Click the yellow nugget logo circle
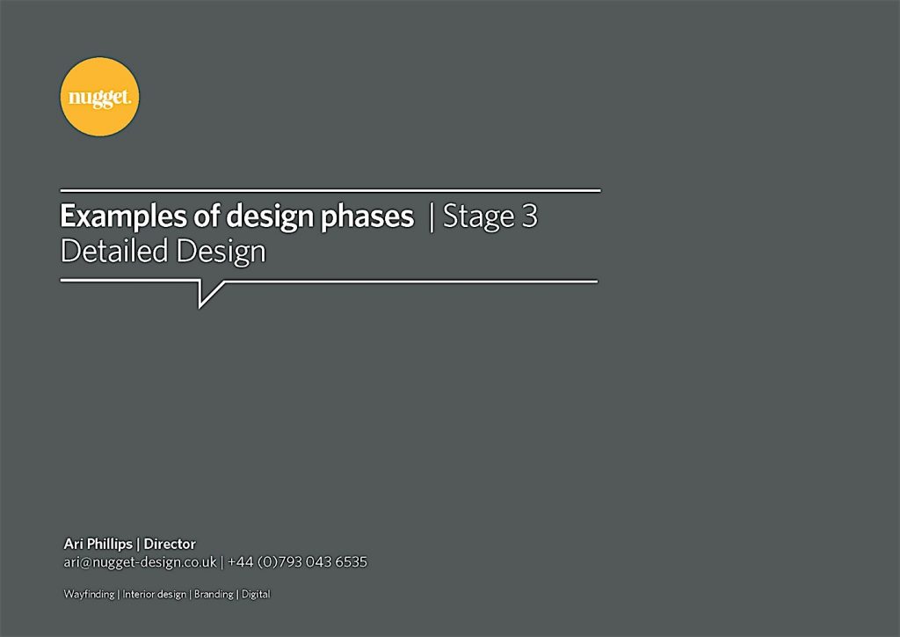click(100, 97)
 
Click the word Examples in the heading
click(123, 216)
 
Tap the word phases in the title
click(367, 216)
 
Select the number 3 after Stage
click(529, 216)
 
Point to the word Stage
click(479, 216)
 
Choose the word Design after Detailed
click(221, 253)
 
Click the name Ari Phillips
click(98, 544)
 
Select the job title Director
click(170, 544)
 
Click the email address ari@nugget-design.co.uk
click(140, 561)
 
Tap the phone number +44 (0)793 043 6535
click(297, 561)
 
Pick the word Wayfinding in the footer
click(89, 594)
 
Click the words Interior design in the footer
click(155, 594)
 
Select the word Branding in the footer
click(214, 594)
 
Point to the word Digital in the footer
click(256, 594)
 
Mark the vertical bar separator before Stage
click(432, 217)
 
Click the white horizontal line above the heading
click(330, 190)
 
